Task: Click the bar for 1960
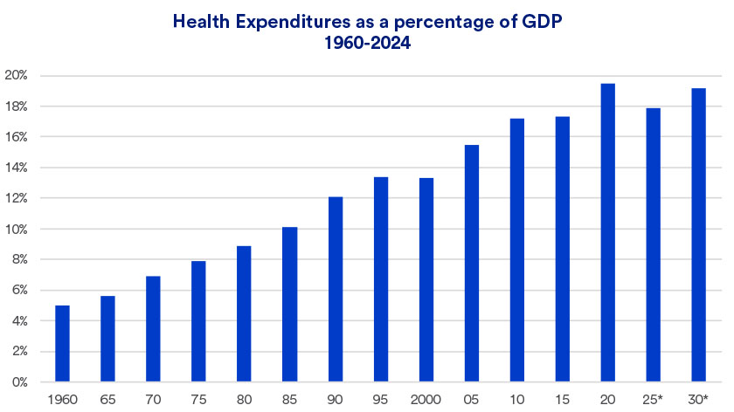tap(62, 344)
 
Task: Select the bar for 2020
tap(608, 233)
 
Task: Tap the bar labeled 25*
tap(654, 245)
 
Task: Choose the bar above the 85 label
tap(290, 305)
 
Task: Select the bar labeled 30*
tap(698, 236)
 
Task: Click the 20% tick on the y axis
tap(17, 76)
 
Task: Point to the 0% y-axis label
tap(19, 382)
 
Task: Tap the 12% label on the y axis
tap(17, 198)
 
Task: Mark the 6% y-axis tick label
tap(19, 291)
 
